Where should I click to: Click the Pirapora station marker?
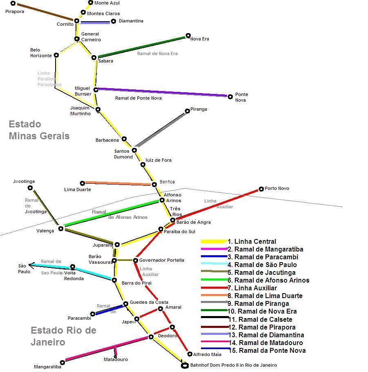(x=13, y=3)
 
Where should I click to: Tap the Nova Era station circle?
(x=188, y=36)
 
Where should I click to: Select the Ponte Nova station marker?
(x=230, y=97)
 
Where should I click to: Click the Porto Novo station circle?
(x=261, y=189)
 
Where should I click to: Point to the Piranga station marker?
(x=187, y=111)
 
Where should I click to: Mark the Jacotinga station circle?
(x=30, y=188)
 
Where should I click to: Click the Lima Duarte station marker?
(x=83, y=183)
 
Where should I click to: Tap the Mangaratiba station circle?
(x=62, y=362)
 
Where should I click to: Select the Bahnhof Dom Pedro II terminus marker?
(x=185, y=365)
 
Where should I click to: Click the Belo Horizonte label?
(x=41, y=53)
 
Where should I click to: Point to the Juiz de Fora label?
(x=158, y=160)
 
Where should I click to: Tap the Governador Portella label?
(x=161, y=260)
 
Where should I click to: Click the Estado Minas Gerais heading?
(x=39, y=130)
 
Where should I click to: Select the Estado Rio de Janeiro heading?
(x=63, y=336)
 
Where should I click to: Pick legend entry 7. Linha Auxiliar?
(x=252, y=288)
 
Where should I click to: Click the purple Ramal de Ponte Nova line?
(x=163, y=92)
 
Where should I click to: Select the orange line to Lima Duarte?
(x=118, y=183)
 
